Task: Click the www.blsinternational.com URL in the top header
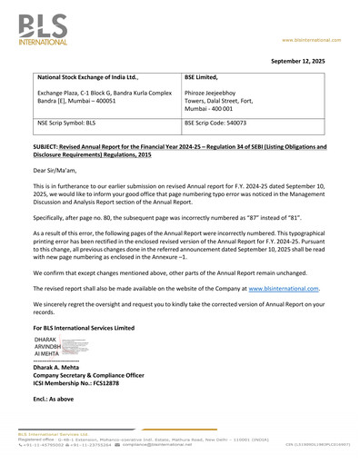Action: (310, 40)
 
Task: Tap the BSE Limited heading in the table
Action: (206, 79)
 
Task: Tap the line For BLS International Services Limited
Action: (84, 326)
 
